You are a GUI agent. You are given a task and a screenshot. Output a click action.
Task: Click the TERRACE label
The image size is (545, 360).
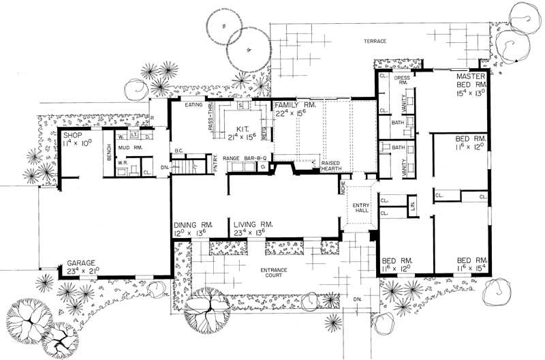point(375,42)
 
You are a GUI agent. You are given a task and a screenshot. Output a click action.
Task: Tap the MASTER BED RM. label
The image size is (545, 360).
point(470,82)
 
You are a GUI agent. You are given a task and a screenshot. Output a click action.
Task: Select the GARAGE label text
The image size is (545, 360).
point(80,262)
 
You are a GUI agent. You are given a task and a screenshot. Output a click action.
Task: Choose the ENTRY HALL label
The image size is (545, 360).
point(360,208)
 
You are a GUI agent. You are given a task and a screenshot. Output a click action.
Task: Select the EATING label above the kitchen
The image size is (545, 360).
point(196,105)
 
